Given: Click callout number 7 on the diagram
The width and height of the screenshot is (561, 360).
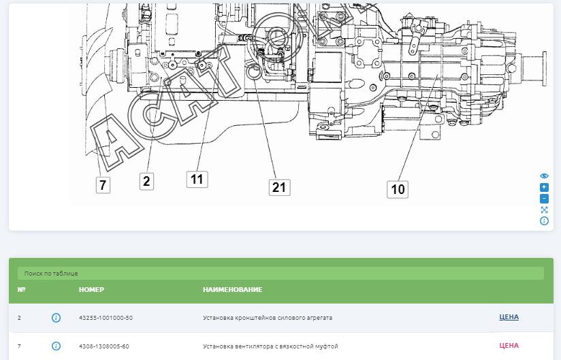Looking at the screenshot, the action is [103, 185].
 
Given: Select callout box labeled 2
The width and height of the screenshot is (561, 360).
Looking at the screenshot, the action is [146, 181].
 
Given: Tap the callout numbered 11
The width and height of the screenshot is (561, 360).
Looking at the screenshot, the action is [197, 179].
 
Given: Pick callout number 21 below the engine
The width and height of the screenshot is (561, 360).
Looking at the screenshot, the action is [279, 187].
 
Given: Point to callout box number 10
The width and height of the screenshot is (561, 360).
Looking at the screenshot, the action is [398, 189].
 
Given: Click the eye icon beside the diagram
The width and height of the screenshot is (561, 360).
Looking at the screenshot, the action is [544, 176].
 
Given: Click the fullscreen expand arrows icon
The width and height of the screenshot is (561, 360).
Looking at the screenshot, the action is [544, 210].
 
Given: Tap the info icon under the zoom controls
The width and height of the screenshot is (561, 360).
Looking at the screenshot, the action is [544, 221].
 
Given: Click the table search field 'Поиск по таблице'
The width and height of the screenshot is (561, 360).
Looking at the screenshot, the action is [280, 273].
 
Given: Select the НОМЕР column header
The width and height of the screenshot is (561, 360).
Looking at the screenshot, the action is [91, 290].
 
